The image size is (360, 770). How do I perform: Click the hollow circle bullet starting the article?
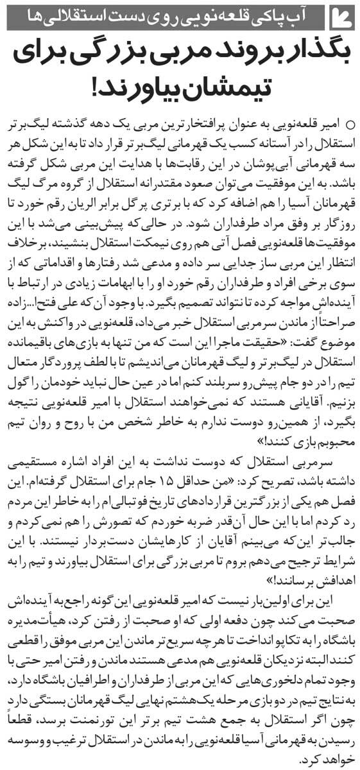click(349, 122)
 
